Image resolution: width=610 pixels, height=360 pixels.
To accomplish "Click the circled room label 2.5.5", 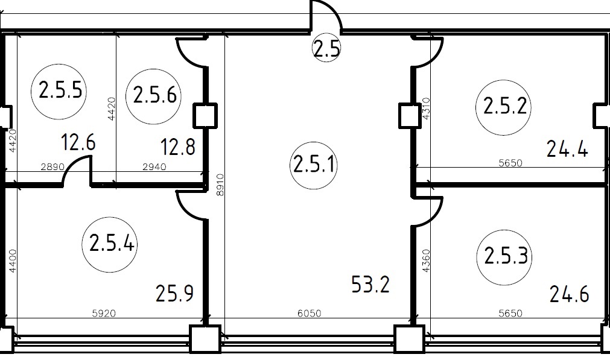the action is [59, 92].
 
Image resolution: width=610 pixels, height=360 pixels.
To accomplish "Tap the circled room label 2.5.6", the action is [154, 96].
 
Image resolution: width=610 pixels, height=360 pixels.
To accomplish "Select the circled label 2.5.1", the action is [314, 165].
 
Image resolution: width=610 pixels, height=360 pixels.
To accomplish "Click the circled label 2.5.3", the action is [505, 257].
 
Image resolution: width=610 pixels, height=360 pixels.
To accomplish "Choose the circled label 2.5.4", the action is [110, 244].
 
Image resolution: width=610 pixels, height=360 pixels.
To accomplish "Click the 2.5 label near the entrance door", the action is [327, 48].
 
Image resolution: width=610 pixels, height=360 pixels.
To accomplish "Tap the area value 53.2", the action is [370, 284].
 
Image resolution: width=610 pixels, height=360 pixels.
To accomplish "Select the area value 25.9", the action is [175, 294].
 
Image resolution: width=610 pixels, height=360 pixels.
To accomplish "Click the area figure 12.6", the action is [78, 142].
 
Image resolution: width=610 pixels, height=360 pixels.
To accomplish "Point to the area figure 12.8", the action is [178, 147].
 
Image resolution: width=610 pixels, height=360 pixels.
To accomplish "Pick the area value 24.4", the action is [567, 148].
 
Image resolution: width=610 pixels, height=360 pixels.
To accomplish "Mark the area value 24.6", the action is [569, 294].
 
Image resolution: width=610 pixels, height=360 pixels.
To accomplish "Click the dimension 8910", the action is [220, 185].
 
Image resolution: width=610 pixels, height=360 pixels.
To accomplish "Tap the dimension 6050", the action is [310, 313].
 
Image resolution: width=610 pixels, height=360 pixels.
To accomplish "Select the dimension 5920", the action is [104, 313].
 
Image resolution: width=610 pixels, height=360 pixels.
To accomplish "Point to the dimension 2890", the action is [52, 167].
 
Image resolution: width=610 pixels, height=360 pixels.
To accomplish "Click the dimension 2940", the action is [154, 167].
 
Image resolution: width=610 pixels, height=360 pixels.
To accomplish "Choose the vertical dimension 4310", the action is [426, 109].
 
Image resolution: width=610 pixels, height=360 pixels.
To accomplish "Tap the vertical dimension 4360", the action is [426, 261].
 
